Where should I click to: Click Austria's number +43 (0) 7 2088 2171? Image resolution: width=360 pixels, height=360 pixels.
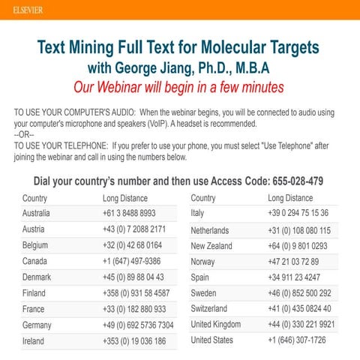pos(134,229)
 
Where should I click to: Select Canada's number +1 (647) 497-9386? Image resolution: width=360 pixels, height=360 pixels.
pos(131,261)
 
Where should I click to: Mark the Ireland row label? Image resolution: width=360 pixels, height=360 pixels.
pos(34,340)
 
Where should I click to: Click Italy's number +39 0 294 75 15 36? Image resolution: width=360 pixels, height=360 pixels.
pos(298,213)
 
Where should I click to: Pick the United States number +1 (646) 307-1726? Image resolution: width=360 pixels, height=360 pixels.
pos(297,340)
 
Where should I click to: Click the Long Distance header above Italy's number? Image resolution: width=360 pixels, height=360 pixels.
pos(290,198)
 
